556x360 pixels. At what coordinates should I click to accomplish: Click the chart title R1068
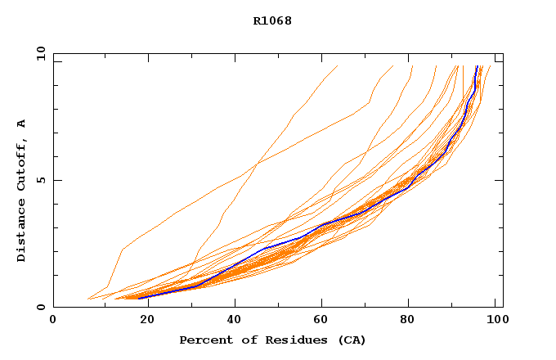tap(272, 20)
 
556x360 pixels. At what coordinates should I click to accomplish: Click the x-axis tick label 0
tap(53, 320)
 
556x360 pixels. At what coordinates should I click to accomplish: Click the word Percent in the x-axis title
tap(204, 340)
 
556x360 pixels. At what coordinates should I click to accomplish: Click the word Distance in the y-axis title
tap(21, 230)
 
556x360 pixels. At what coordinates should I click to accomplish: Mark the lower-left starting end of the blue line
tap(138, 298)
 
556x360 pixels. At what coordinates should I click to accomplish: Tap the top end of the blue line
tap(477, 66)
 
